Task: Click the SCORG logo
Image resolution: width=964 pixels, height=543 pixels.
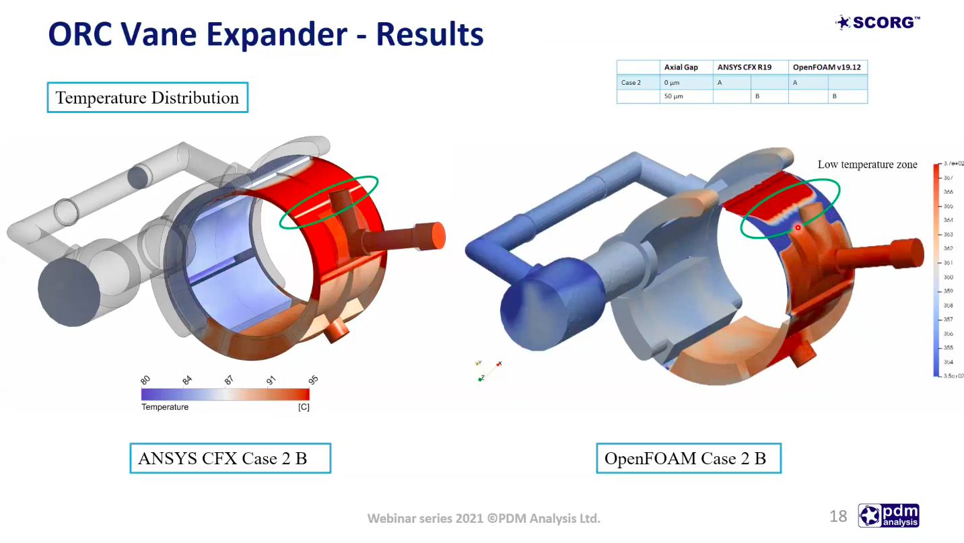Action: [878, 23]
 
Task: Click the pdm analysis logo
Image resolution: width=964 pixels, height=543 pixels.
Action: [889, 516]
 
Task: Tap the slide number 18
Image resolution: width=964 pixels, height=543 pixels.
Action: [838, 516]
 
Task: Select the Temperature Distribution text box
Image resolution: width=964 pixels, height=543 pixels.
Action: [147, 98]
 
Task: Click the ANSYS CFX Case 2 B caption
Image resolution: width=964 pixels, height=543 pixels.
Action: [230, 458]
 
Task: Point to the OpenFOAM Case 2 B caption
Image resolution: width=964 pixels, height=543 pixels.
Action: [688, 458]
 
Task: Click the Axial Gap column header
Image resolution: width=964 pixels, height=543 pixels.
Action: [681, 67]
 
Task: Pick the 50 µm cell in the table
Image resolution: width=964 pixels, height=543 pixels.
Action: [673, 96]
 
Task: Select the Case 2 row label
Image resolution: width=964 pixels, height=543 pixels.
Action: [631, 82]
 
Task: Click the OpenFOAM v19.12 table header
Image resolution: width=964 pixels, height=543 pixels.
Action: [826, 67]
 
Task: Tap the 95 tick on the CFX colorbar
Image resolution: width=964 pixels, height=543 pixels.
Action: [313, 379]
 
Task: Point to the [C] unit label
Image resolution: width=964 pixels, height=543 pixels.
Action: [304, 407]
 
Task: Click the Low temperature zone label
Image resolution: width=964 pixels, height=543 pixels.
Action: [867, 165]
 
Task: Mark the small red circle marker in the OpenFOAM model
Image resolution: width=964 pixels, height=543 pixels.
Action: [798, 227]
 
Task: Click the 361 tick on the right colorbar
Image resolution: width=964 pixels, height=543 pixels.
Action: [948, 263]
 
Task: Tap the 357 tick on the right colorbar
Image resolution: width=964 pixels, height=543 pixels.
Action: [948, 320]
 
